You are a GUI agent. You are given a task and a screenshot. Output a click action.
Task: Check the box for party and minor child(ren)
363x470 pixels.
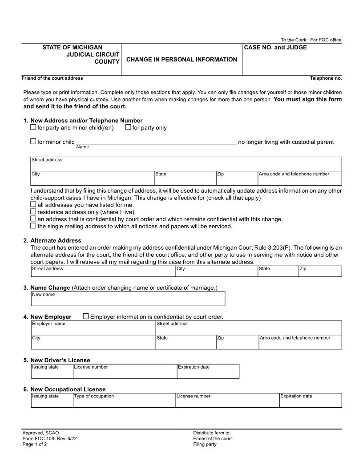point(33,127)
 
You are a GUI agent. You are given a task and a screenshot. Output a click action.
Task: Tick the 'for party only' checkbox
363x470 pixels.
point(128,127)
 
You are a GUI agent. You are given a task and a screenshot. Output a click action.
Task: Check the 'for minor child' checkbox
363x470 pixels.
point(33,142)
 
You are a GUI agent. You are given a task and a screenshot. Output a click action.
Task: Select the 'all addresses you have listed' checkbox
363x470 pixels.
point(33,204)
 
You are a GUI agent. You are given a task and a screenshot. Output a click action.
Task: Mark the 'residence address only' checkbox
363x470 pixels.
point(33,211)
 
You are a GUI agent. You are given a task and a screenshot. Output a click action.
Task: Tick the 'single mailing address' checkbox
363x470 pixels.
point(33,226)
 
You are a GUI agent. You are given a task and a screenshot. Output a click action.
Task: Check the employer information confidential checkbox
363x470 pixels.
point(86,316)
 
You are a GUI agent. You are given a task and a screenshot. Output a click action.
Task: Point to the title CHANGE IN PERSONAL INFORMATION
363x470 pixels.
point(181,60)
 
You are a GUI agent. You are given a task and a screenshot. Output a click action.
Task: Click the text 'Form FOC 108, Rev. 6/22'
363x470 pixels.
point(46,438)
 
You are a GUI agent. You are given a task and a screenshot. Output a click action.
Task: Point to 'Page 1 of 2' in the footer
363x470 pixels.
point(34,444)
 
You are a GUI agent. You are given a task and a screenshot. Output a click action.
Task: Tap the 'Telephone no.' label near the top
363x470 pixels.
point(326,78)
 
